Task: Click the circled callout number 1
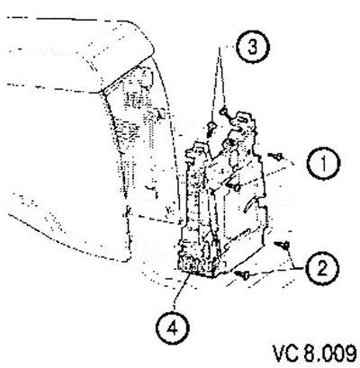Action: [x=323, y=163]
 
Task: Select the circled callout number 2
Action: [x=322, y=268]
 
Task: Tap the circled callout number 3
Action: [x=253, y=47]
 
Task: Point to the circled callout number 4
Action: [x=173, y=328]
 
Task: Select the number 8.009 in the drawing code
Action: [x=329, y=354]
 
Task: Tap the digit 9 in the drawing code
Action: [x=350, y=354]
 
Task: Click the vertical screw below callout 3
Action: [x=211, y=128]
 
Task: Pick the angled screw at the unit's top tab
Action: [x=227, y=115]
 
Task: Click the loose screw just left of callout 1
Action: [x=275, y=157]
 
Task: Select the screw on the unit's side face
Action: [x=234, y=187]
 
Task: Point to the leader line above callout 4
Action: [x=180, y=292]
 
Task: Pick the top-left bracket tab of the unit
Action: [x=195, y=151]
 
